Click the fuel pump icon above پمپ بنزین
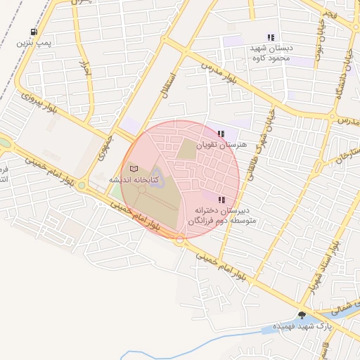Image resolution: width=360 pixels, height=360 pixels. (x=34, y=32)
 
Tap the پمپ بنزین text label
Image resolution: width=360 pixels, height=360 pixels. (x=34, y=43)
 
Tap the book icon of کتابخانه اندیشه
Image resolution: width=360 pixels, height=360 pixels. (x=134, y=169)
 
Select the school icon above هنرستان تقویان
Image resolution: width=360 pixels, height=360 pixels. (x=221, y=133)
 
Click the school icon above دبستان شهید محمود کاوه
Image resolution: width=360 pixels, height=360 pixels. (x=271, y=37)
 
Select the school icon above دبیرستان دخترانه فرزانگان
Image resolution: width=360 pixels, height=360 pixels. (x=222, y=200)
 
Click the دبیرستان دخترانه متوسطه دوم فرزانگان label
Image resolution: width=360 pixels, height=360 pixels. (x=226, y=215)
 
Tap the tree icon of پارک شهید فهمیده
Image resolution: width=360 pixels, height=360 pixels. (x=302, y=315)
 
